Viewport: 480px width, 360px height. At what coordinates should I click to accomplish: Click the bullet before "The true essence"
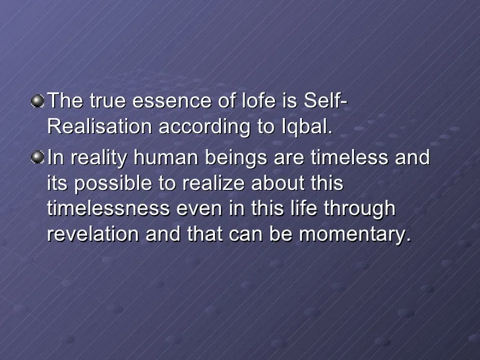(38, 102)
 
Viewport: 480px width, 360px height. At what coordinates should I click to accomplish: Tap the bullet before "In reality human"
(38, 158)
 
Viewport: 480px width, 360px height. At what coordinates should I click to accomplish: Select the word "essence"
(171, 101)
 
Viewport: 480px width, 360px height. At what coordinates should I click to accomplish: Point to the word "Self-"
(326, 100)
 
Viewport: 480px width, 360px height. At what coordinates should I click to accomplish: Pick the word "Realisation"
(100, 126)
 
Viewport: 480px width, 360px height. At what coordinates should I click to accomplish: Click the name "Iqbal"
(307, 127)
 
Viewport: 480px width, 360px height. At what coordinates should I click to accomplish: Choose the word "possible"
(113, 184)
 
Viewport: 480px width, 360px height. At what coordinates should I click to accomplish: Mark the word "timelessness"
(108, 208)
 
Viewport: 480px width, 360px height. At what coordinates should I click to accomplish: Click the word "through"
(359, 210)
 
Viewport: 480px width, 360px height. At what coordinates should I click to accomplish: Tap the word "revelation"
(93, 234)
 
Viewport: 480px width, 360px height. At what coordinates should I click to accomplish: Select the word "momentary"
(355, 235)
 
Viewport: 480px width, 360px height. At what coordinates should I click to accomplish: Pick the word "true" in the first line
(107, 101)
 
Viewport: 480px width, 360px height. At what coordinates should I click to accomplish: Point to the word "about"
(278, 183)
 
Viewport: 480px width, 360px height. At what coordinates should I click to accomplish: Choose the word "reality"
(99, 158)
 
